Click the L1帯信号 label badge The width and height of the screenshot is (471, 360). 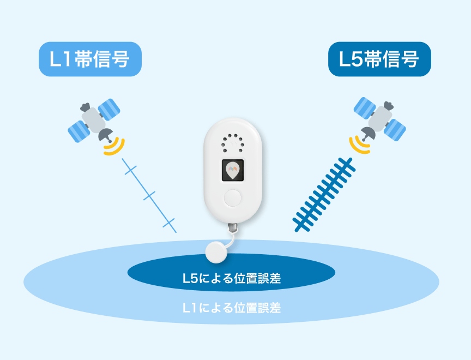(x=90, y=59)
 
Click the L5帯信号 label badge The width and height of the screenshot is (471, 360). (x=379, y=59)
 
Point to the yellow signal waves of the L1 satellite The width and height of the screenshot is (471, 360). (x=114, y=146)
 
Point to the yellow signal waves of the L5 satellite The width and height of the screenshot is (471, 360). (x=358, y=144)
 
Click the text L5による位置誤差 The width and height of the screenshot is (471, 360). (x=231, y=279)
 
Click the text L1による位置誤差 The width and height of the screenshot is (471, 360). (x=231, y=308)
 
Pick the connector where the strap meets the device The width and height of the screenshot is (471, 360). (x=233, y=226)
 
